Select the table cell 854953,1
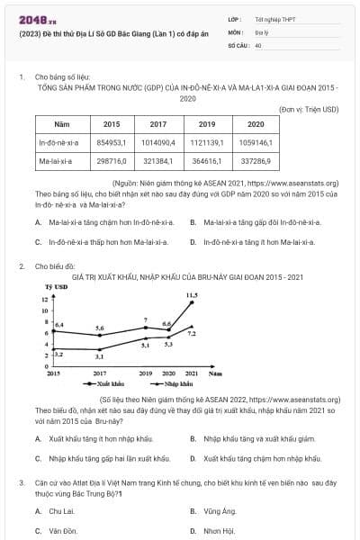point(112,142)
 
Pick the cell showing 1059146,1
point(255,142)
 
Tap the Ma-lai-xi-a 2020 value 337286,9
point(255,162)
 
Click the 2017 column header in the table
point(158,123)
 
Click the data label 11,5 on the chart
point(192,294)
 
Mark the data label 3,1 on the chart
point(100,357)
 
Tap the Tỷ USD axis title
point(57,286)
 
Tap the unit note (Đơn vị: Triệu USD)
point(309,108)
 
